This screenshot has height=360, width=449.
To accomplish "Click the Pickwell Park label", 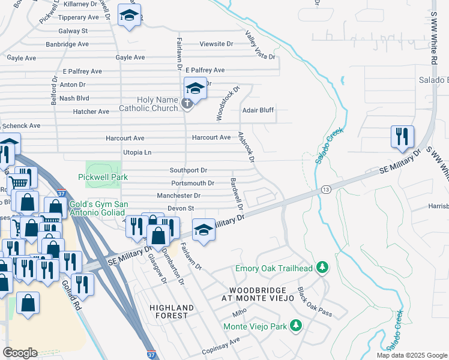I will pyautogui.click(x=103, y=177).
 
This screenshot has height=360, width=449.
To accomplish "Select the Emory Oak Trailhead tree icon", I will pyautogui.click(x=322, y=268).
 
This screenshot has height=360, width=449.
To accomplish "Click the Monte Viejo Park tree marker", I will pyautogui.click(x=295, y=326).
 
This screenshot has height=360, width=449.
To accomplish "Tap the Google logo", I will pyautogui.click(x=20, y=353).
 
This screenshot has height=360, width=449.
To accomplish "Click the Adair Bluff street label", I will pyautogui.click(x=258, y=110).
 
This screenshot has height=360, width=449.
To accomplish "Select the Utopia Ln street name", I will pyautogui.click(x=137, y=153).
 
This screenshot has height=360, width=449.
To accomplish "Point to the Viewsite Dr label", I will pyautogui.click(x=216, y=44).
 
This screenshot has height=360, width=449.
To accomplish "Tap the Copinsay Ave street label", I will pyautogui.click(x=221, y=341).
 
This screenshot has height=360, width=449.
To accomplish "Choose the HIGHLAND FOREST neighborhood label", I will pyautogui.click(x=172, y=312).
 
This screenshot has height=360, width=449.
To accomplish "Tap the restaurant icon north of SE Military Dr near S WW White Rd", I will pyautogui.click(x=400, y=137).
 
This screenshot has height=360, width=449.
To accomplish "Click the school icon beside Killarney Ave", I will pyautogui.click(x=129, y=16).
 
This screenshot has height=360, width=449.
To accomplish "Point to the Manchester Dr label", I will pyautogui.click(x=178, y=196).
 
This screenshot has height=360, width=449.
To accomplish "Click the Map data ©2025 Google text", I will pyautogui.click(x=412, y=355).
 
